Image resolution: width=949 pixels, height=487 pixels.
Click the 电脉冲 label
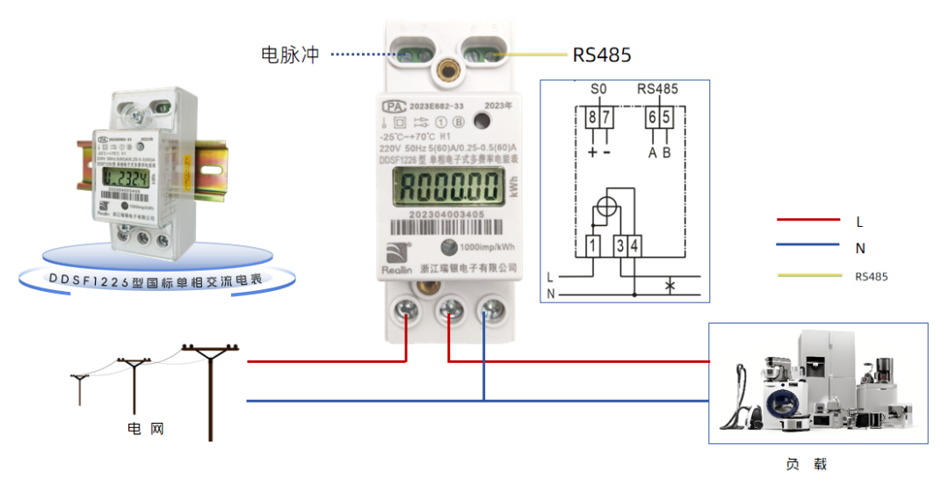[x=291, y=55]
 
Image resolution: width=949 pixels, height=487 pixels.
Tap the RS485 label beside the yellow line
[x=602, y=55]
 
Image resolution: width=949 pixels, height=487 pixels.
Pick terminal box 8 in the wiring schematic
[x=592, y=118]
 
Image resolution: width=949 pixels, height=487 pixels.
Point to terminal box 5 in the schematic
[x=667, y=118]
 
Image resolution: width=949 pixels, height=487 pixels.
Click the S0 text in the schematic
[x=598, y=89]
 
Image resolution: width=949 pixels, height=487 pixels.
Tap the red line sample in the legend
[x=808, y=220]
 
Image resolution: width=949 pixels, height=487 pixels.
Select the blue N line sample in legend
[x=808, y=247]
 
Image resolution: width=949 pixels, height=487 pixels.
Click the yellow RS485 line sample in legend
[x=808, y=275]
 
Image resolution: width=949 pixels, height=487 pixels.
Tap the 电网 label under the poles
[x=146, y=429]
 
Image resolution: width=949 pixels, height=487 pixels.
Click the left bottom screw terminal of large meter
[x=409, y=309]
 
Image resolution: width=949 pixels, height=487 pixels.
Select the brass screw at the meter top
[x=452, y=66]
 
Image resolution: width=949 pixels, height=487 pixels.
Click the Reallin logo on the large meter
[x=395, y=261]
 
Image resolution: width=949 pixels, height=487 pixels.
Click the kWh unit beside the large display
[x=511, y=187]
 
